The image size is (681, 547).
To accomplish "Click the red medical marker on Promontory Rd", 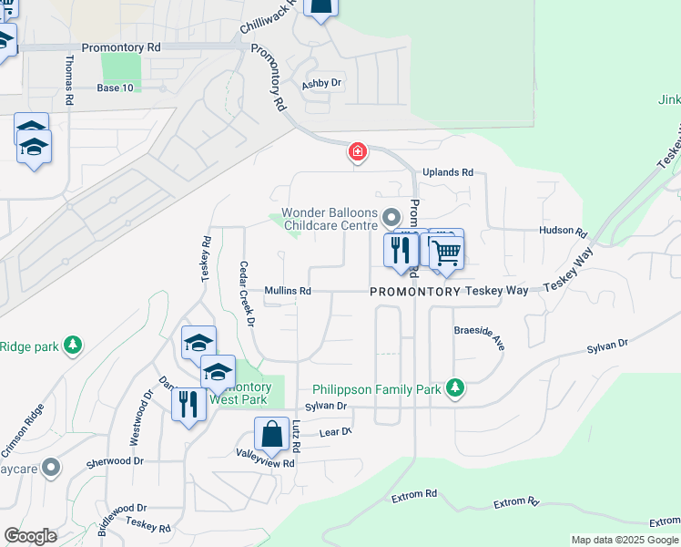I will coord(358,151).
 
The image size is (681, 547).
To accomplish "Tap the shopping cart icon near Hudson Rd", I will coord(445,253).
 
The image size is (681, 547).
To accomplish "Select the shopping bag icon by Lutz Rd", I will coord(272,435).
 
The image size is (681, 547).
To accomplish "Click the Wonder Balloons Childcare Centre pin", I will coord(391,217).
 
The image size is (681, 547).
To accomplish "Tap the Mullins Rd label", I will coord(288,291).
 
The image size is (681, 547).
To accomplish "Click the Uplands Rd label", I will coord(448,172).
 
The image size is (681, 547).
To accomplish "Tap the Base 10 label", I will coord(115,88).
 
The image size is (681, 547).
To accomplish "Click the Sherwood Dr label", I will coord(116,462).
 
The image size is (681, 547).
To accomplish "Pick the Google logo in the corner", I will coord(30,536).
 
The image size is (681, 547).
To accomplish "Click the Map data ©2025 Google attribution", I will coord(625,540).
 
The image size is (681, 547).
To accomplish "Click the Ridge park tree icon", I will coord(72,346).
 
